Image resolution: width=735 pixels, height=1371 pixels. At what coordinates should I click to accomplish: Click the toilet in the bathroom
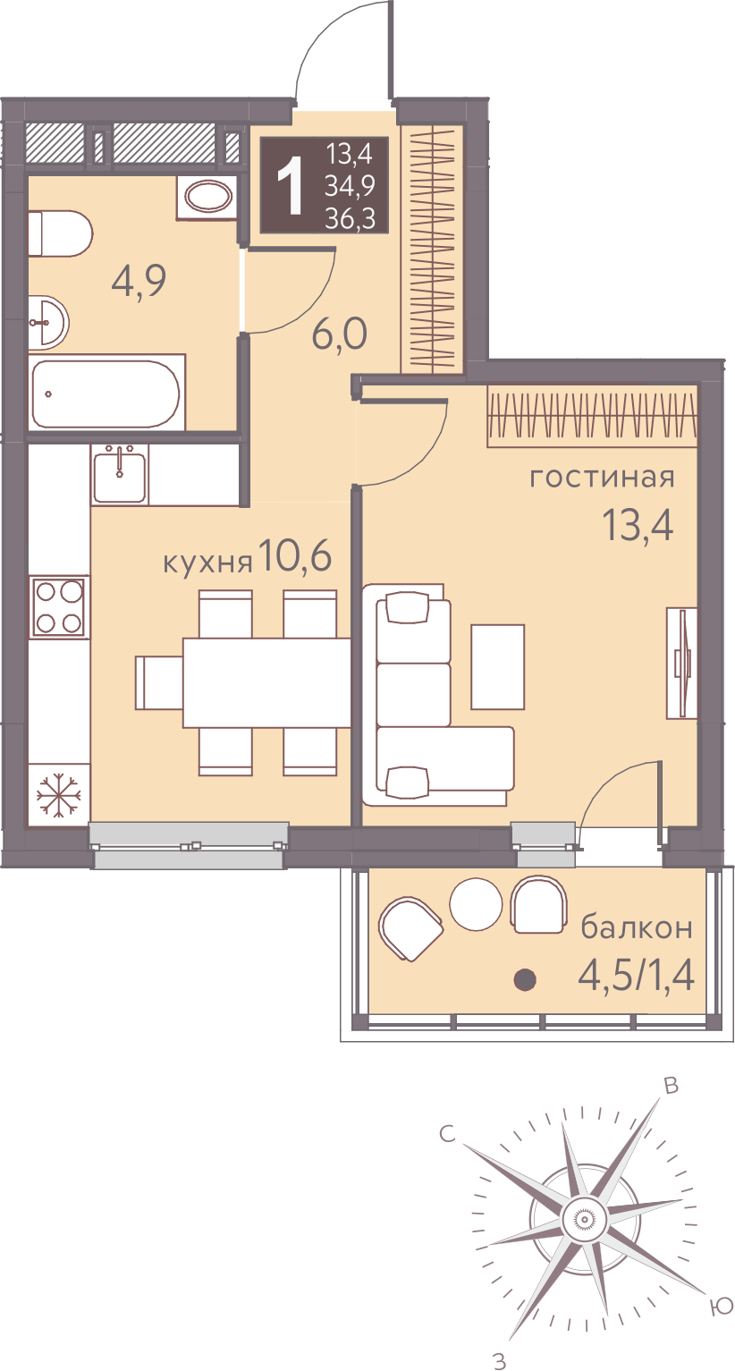click(x=60, y=233)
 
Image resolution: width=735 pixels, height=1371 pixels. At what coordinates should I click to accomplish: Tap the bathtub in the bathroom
click(x=106, y=394)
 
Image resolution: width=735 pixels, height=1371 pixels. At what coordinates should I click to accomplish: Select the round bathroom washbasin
click(x=48, y=323)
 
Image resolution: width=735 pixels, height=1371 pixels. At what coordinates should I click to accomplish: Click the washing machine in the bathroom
click(x=207, y=197)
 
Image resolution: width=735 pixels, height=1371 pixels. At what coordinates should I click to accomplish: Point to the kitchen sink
click(x=120, y=475)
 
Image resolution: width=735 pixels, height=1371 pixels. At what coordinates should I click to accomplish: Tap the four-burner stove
click(x=59, y=606)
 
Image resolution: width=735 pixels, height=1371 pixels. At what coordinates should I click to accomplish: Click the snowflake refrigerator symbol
click(x=58, y=795)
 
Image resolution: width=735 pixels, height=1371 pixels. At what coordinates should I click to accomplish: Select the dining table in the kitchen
click(x=266, y=682)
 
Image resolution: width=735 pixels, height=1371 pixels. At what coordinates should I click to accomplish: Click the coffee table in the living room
click(x=497, y=666)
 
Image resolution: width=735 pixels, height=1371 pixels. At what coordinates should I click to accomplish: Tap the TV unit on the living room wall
click(x=681, y=663)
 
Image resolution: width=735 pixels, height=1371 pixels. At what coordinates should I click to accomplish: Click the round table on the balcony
click(x=476, y=903)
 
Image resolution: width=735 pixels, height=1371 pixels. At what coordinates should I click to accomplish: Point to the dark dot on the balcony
click(x=525, y=980)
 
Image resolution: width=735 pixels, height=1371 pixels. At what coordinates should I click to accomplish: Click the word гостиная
click(x=602, y=477)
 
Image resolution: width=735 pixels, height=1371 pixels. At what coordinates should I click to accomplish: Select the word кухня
click(x=207, y=563)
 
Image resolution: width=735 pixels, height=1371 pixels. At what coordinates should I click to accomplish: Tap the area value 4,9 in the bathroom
click(x=139, y=282)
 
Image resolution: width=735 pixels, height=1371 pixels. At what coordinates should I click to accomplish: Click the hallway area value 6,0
click(x=339, y=334)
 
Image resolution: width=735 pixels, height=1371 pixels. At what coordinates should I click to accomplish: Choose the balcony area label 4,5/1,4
click(x=637, y=975)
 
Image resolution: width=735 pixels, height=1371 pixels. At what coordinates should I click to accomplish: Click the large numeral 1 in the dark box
click(x=290, y=185)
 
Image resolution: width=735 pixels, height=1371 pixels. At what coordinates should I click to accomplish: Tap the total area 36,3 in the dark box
click(x=350, y=218)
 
